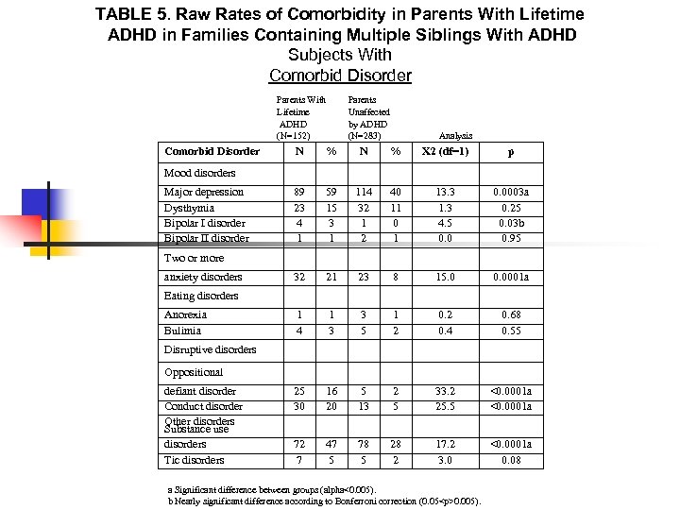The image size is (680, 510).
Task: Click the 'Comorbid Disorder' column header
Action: [x=212, y=151]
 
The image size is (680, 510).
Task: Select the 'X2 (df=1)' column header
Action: [x=444, y=151]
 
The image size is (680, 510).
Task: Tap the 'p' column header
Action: [x=511, y=151]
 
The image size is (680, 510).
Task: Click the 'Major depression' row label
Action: [x=203, y=193]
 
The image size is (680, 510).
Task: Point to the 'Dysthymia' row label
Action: [x=189, y=208]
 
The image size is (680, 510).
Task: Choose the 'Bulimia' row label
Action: [x=182, y=331]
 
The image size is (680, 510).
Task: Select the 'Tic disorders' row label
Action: [x=194, y=460]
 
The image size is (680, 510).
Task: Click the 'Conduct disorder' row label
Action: [x=203, y=407]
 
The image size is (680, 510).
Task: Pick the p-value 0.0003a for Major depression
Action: [x=511, y=193]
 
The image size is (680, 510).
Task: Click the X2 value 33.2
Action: [x=444, y=391]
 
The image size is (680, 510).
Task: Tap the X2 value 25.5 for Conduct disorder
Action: [x=444, y=407]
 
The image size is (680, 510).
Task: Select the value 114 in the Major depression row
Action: [x=364, y=193]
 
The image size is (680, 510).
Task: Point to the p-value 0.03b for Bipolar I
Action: [x=511, y=224]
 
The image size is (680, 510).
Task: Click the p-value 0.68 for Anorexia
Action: [x=511, y=314]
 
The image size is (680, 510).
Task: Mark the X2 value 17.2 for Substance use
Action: [x=444, y=444]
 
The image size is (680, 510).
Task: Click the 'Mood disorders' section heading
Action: [x=199, y=173]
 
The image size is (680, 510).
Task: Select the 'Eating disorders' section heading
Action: [x=200, y=296]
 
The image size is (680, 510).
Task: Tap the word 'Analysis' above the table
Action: [x=456, y=136]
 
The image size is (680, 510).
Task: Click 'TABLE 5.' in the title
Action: [x=132, y=15]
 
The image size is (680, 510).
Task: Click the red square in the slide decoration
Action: [x=21, y=229]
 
